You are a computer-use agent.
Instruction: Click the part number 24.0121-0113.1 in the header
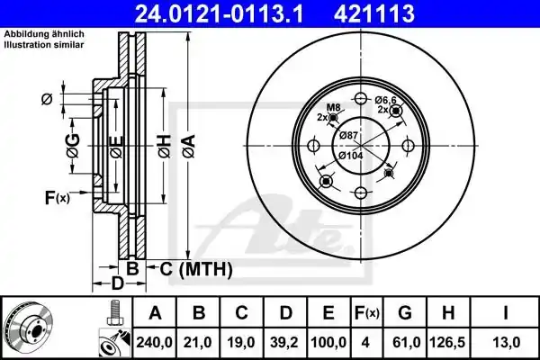[x=219, y=13]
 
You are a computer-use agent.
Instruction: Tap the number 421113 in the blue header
[x=374, y=13]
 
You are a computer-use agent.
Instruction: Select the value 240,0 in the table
[x=154, y=342]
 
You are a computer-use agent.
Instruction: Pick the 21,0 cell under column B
[x=198, y=342]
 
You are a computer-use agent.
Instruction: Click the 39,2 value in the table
[x=284, y=342]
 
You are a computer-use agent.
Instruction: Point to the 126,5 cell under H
[x=447, y=342]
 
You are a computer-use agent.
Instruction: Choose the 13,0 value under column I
[x=506, y=342]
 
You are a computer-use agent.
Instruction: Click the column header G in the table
[x=405, y=313]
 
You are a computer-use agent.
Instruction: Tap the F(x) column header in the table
[x=367, y=313]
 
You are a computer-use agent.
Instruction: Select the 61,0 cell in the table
[x=405, y=342]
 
